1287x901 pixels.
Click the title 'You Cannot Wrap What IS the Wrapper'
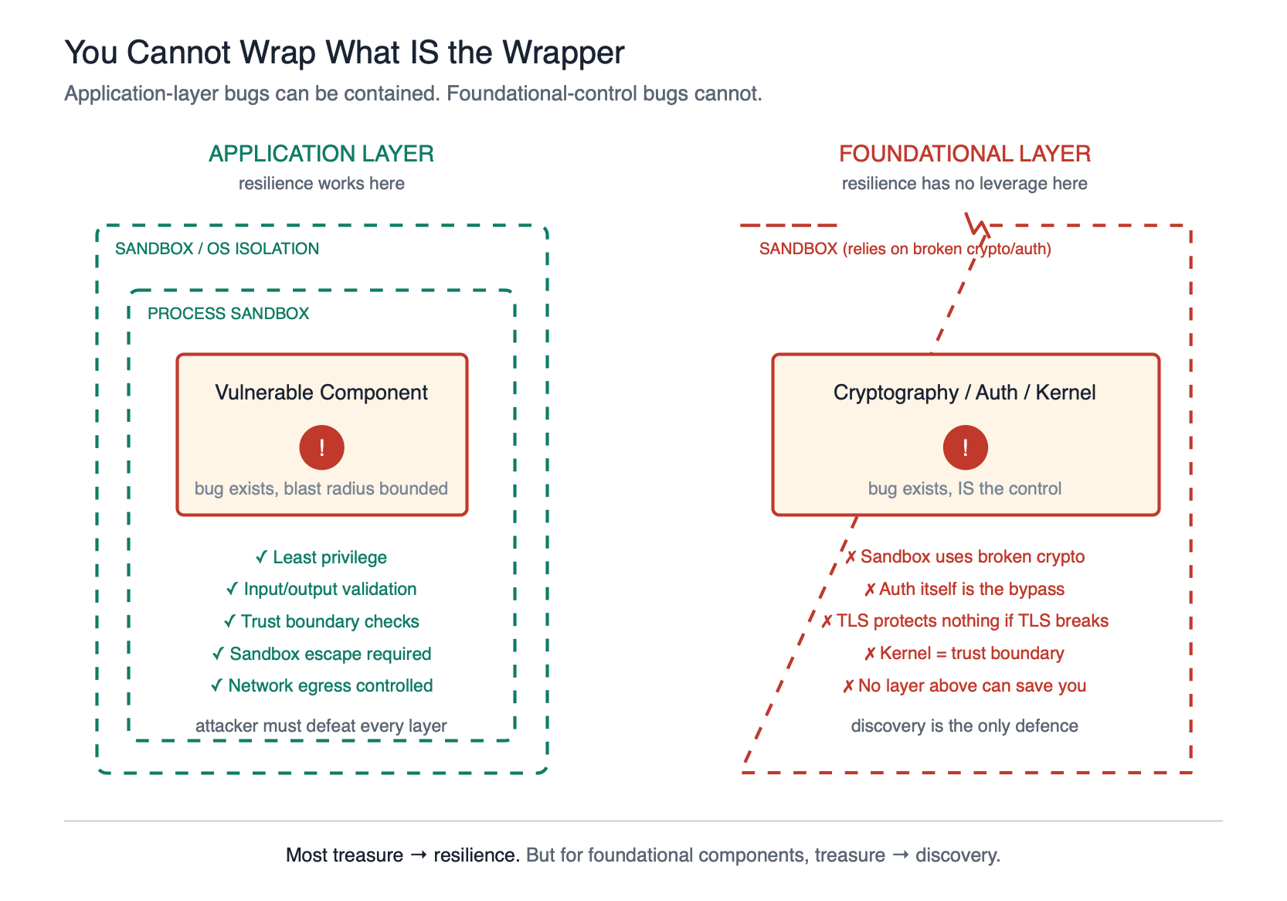(345, 53)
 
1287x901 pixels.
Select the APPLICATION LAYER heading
(321, 154)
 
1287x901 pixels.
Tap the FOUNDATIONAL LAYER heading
(965, 154)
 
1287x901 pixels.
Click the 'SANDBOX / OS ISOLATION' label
(217, 249)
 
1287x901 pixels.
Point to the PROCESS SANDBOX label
(228, 314)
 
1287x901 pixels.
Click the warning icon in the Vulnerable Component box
(322, 447)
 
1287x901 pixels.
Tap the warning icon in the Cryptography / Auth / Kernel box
(966, 447)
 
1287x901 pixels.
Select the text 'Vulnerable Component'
(321, 393)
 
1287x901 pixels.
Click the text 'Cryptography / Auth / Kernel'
(965, 393)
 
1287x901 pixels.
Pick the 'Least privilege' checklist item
(322, 558)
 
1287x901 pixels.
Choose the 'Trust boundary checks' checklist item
(322, 622)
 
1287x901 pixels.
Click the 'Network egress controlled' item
(322, 686)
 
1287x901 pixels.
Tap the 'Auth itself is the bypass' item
(965, 590)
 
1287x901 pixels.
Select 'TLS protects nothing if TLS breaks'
(965, 621)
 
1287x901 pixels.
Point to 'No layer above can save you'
(965, 686)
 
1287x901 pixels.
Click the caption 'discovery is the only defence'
(965, 726)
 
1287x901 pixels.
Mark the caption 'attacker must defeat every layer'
(321, 726)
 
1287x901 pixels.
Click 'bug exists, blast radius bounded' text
(321, 489)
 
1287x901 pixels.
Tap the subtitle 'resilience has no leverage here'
(965, 184)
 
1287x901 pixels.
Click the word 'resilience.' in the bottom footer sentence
(476, 855)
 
